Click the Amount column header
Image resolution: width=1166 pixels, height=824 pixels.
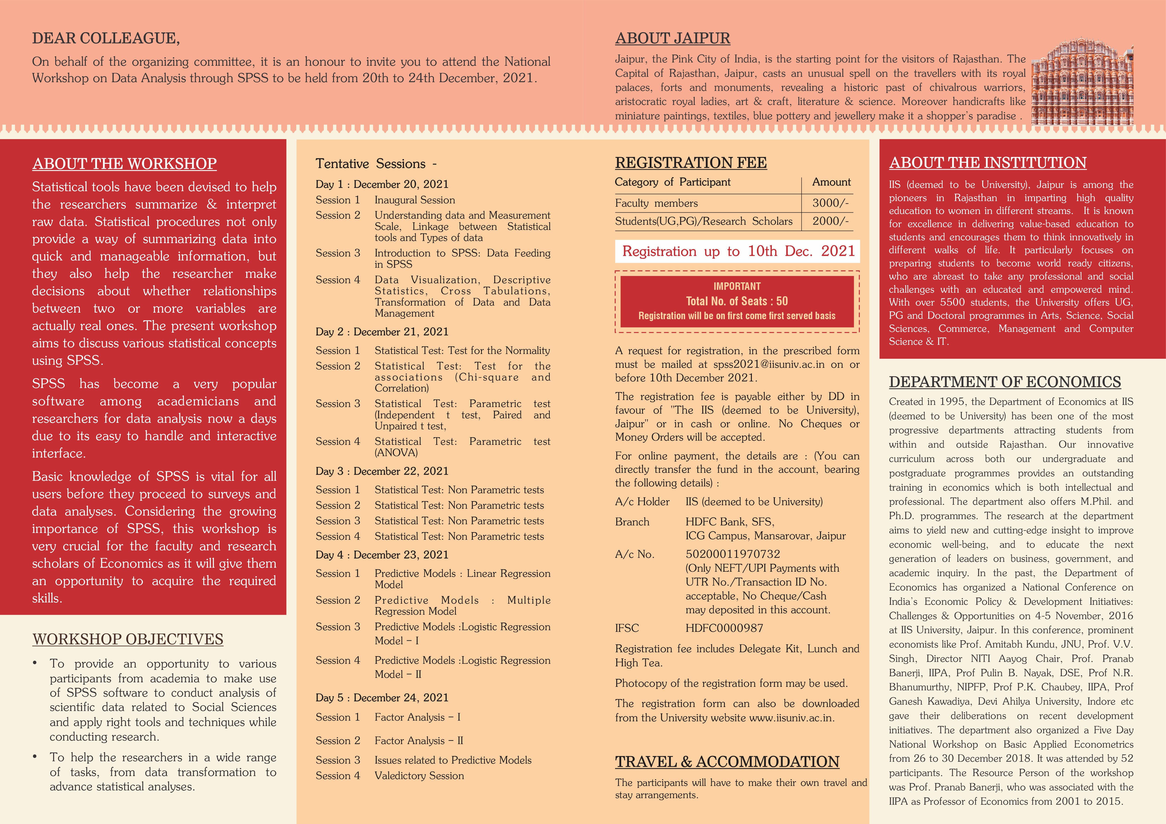click(831, 182)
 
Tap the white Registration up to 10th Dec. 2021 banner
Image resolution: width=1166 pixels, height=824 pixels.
click(737, 251)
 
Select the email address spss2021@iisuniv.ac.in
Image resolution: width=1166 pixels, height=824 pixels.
click(769, 364)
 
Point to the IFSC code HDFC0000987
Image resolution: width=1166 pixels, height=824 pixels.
click(724, 628)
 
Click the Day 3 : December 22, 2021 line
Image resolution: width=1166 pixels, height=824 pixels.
click(382, 471)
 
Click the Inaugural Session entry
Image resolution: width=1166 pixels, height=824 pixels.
click(414, 200)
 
